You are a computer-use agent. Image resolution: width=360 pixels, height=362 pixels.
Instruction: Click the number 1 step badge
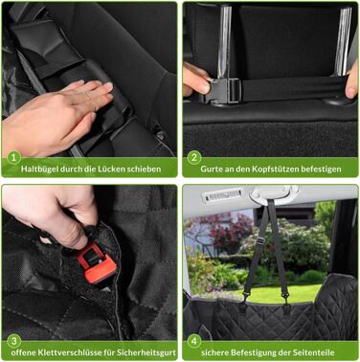click(13, 158)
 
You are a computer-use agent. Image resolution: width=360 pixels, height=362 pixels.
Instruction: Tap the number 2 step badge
click(194, 158)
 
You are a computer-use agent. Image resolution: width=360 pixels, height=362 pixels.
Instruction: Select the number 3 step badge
click(13, 341)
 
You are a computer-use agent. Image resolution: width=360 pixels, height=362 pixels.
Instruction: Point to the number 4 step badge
click(194, 341)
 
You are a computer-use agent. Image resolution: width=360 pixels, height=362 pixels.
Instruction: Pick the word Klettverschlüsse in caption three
click(70, 352)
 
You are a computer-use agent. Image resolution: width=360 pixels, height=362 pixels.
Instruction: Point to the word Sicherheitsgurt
click(146, 352)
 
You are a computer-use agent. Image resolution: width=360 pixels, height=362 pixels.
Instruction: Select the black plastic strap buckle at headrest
click(225, 90)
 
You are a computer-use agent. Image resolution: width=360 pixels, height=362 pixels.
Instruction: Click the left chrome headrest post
click(224, 42)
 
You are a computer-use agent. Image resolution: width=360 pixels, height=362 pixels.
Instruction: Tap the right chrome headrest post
click(344, 41)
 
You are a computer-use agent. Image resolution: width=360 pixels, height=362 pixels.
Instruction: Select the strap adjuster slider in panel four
click(260, 241)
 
